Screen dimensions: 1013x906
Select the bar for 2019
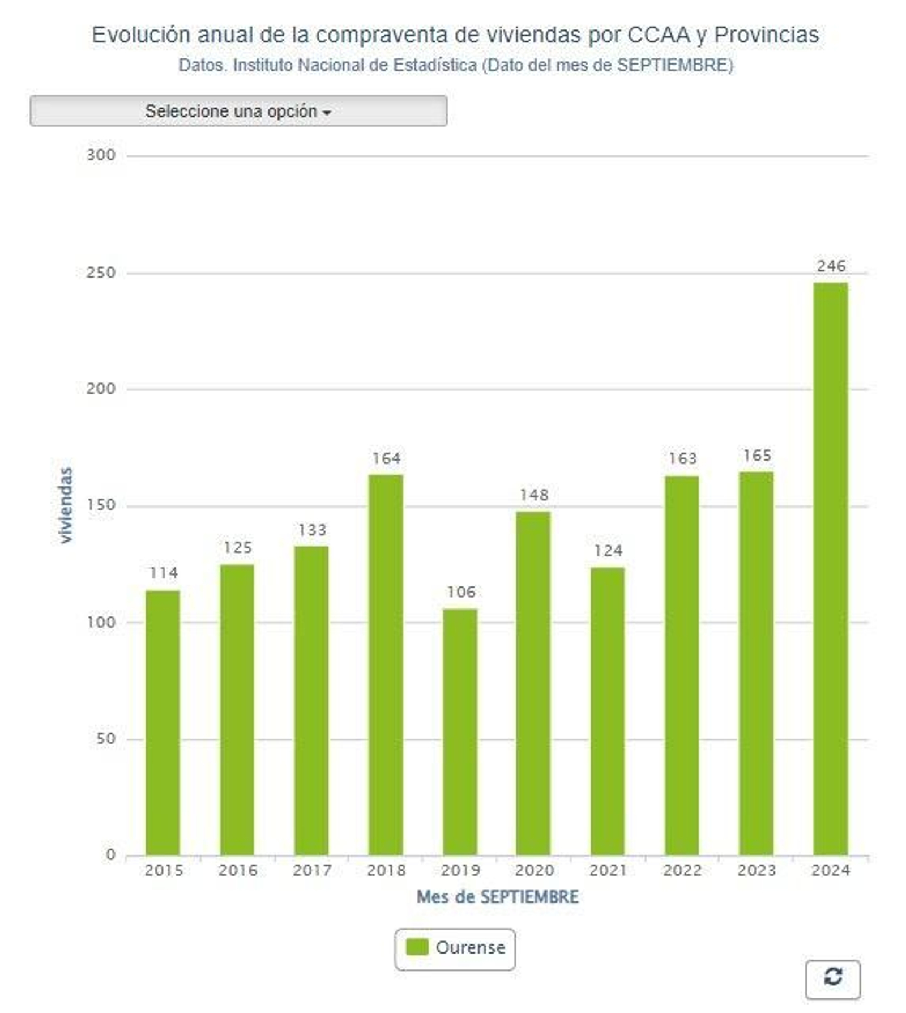(460, 731)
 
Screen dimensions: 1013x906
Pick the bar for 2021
(608, 710)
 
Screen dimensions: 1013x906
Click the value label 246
(831, 266)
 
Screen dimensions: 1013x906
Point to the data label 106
(461, 592)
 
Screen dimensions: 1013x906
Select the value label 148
(534, 495)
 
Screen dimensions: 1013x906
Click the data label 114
(164, 573)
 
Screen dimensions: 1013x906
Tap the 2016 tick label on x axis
(238, 870)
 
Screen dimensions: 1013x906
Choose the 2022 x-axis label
(682, 870)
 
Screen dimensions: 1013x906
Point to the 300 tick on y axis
(101, 155)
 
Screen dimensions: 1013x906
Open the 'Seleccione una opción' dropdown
(238, 111)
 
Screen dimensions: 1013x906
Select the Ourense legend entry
(469, 947)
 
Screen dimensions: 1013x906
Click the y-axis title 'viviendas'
(66, 505)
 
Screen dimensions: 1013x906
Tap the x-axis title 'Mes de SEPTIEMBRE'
(497, 897)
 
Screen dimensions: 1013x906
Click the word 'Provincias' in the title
(766, 35)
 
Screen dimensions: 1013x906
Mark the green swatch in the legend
(417, 947)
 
